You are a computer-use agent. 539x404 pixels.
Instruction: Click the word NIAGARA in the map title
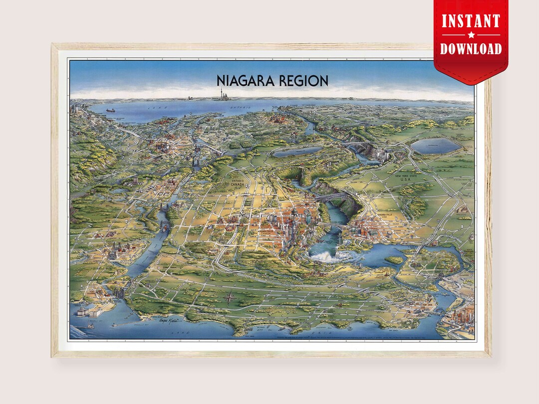click(x=246, y=81)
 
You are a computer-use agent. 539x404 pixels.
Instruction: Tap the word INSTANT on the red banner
click(x=471, y=21)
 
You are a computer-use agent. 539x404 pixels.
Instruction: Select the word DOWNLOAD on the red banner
click(x=471, y=48)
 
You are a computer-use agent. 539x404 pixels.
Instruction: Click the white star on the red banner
click(x=471, y=35)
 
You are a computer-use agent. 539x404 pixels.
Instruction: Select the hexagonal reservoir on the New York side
click(x=435, y=146)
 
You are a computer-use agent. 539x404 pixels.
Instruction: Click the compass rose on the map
click(x=230, y=299)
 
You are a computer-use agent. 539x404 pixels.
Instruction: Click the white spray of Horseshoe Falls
click(x=323, y=255)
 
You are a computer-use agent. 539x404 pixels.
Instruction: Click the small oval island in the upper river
click(x=394, y=259)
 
